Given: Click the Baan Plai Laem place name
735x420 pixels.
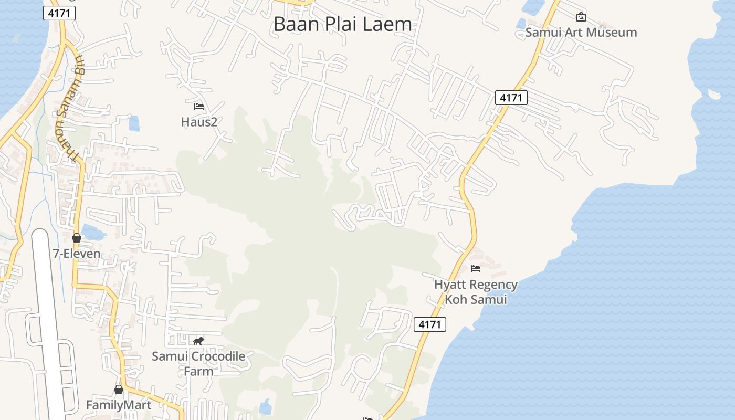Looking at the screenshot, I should coord(342,24).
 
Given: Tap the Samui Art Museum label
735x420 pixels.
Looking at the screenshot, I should coord(581,32).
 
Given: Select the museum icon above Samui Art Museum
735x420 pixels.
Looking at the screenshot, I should coord(581,17).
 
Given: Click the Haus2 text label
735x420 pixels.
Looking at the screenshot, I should coord(199,122).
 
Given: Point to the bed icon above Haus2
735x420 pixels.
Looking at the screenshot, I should coord(199,107).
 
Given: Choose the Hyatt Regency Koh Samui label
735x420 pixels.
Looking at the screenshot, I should coord(476,292).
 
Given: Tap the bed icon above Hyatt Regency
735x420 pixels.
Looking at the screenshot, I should coord(476,269).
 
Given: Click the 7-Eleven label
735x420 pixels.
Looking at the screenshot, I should coord(77,254).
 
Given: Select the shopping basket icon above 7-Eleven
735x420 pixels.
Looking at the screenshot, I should coord(77,238).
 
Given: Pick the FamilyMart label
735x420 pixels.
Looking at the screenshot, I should coord(119,405).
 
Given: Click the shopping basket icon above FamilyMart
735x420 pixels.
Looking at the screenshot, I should coord(119,390).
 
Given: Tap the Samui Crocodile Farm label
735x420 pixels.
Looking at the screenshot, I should coord(198,363).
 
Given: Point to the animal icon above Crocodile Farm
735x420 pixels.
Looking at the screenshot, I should coord(198,341).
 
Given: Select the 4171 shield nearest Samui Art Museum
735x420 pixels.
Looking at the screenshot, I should coord(511,98).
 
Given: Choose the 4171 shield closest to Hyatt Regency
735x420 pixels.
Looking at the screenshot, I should coord(430,324).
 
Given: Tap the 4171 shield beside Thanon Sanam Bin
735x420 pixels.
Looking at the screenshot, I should coord(59,13).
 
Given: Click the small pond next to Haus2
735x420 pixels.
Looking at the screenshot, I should coord(134,123).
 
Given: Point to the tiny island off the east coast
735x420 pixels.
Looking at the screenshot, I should coord(714,94).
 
